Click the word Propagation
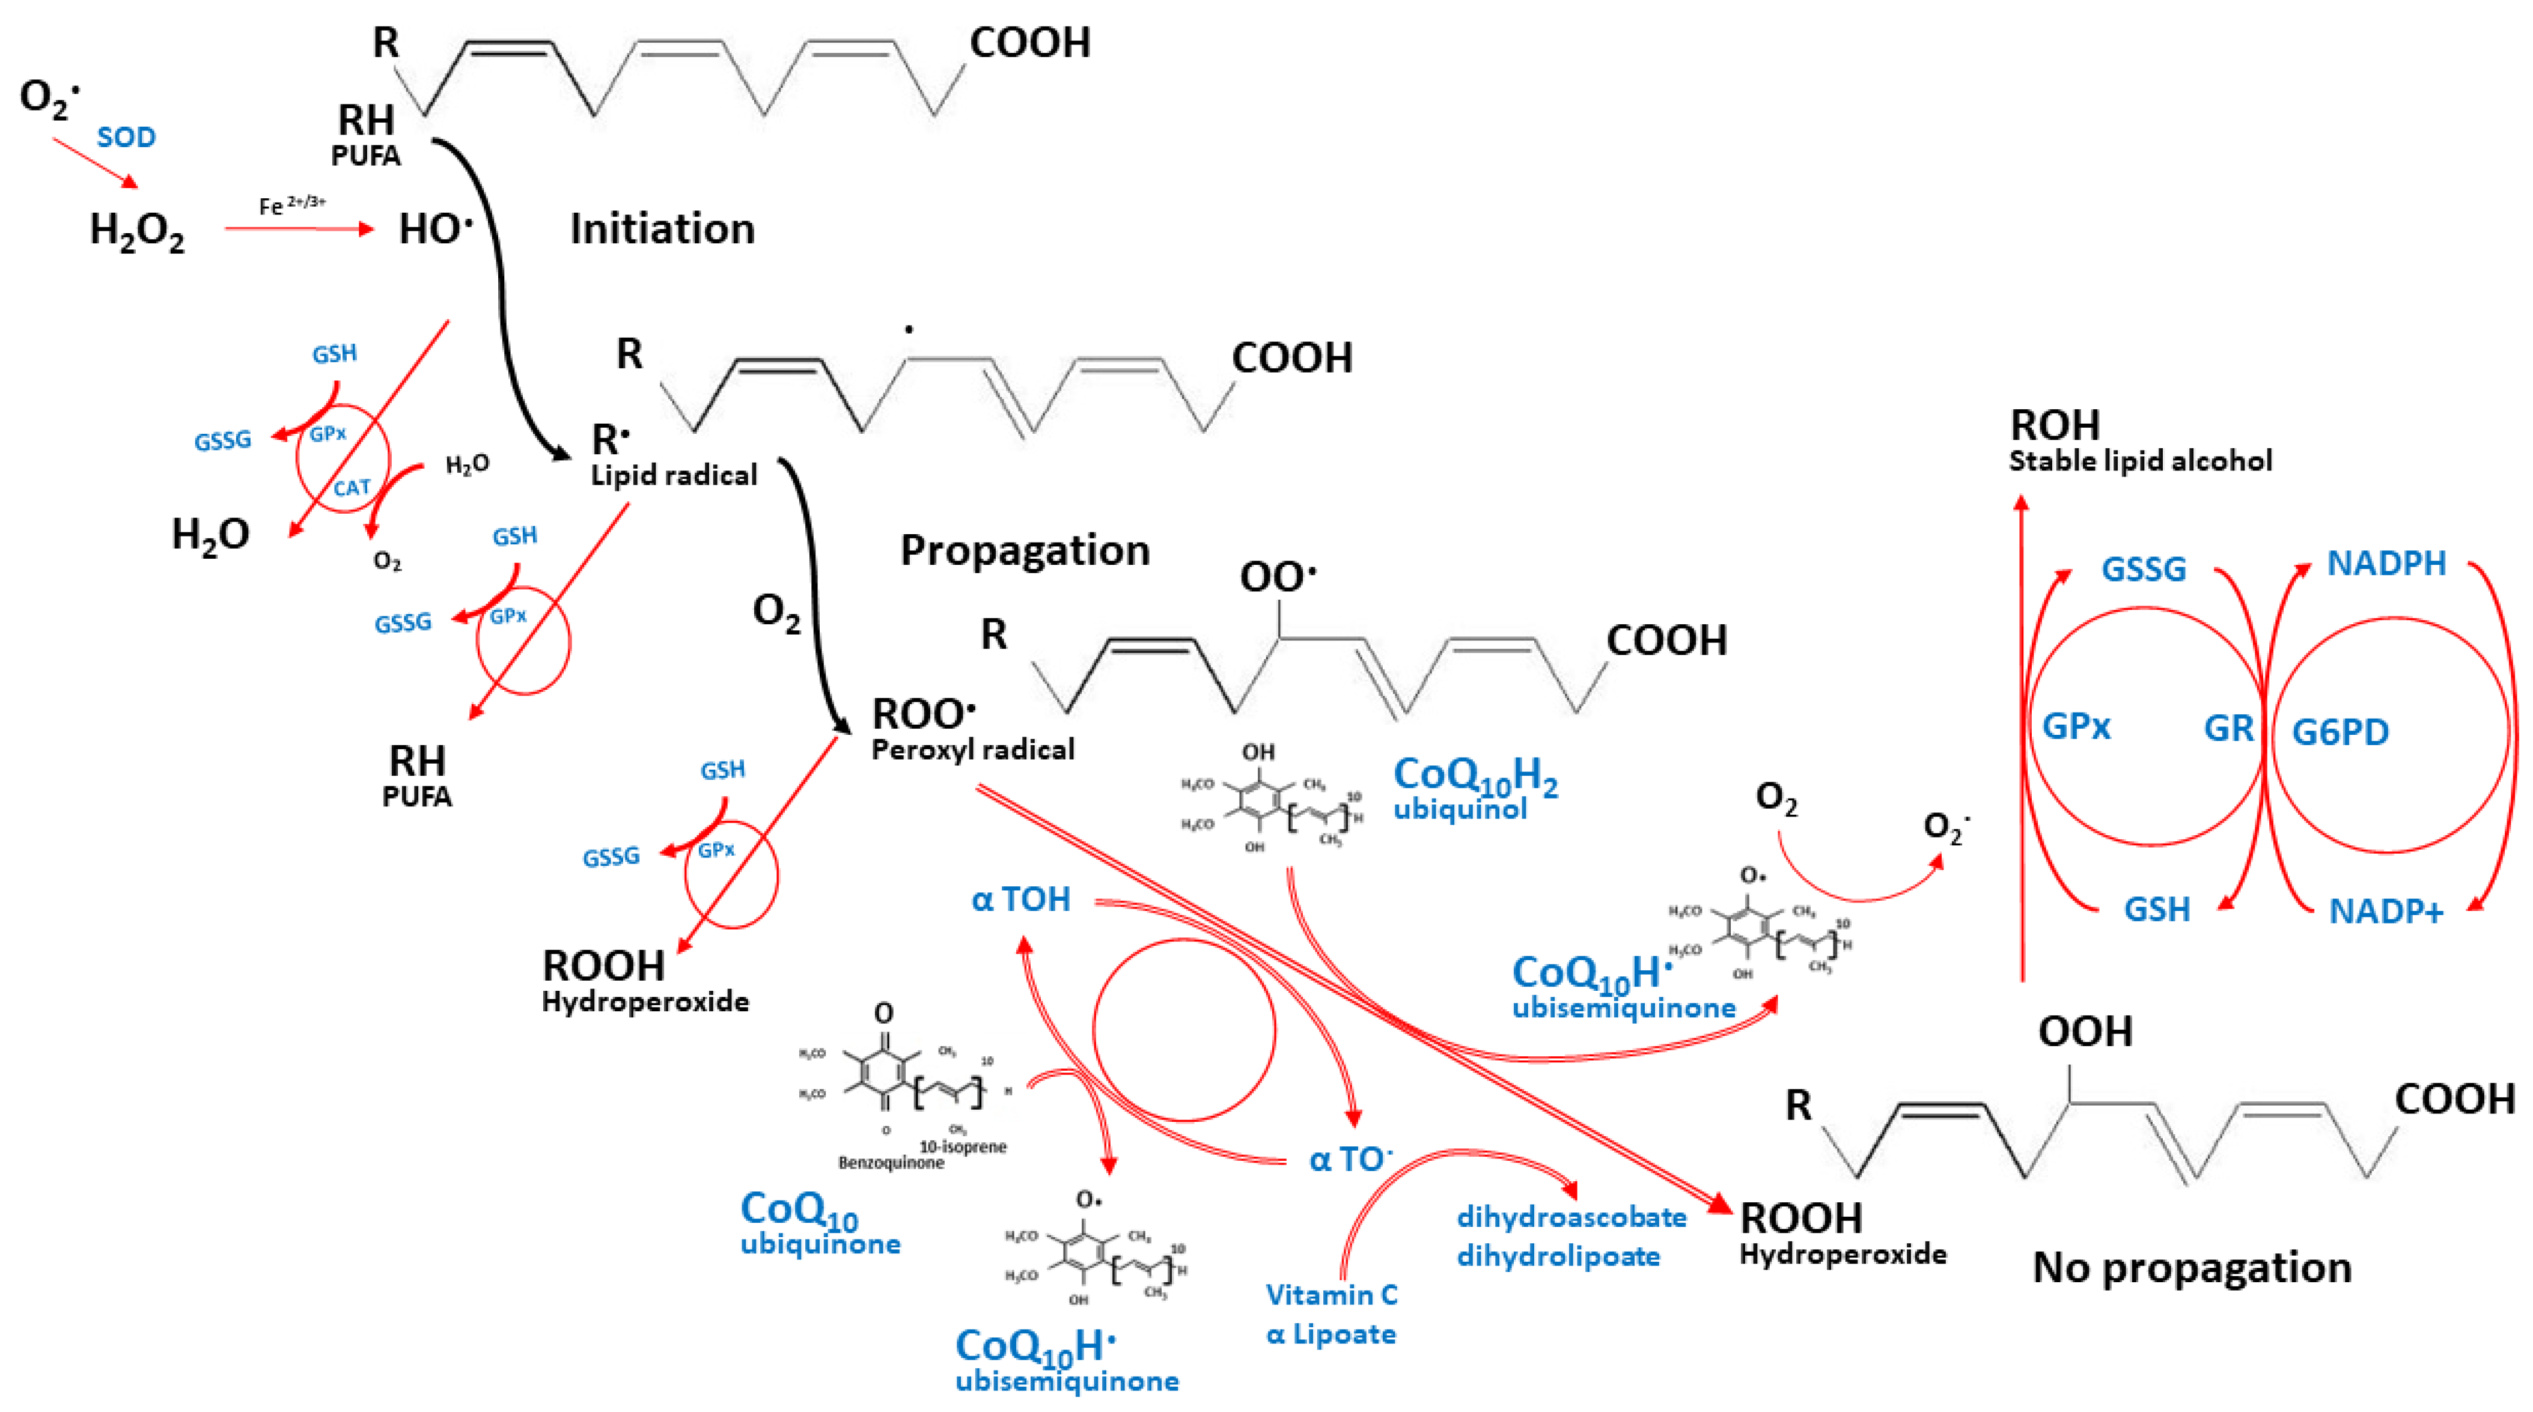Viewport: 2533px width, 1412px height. click(x=1025, y=550)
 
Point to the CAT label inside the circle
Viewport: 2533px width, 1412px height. click(x=351, y=488)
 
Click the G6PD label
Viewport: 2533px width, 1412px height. click(x=2339, y=732)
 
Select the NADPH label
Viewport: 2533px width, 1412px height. click(x=2386, y=564)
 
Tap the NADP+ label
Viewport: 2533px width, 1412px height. click(x=2386, y=911)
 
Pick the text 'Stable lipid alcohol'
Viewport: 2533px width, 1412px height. click(x=2139, y=461)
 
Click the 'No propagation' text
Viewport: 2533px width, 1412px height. click(x=2191, y=1267)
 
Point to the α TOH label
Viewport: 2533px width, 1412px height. click(x=1020, y=899)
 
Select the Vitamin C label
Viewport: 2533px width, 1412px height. click(x=1331, y=1295)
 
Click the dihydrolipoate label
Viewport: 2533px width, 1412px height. click(x=1558, y=1256)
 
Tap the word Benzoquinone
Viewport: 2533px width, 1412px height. click(x=890, y=1163)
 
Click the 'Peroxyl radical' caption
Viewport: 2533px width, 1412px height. click(x=972, y=750)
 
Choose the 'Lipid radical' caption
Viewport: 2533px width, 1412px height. click(x=674, y=476)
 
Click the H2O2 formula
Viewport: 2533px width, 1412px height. click(x=136, y=232)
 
